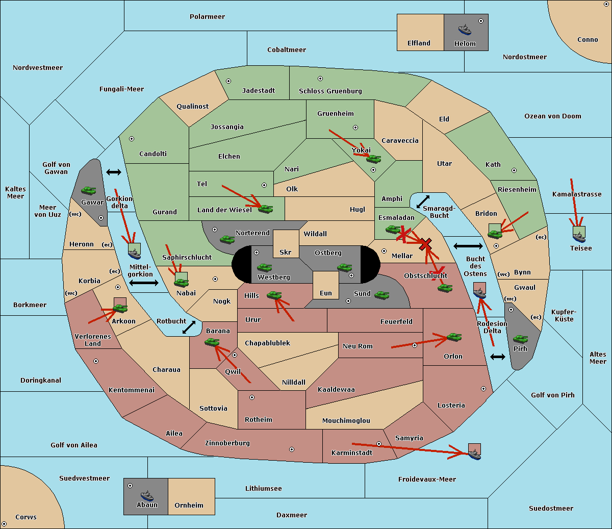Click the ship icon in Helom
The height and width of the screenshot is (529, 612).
tap(465, 30)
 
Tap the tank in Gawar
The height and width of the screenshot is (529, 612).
tap(89, 190)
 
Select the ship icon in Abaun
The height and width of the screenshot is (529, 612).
tap(147, 496)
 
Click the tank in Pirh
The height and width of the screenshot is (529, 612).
tap(520, 339)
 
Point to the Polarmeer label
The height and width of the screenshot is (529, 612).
tap(207, 17)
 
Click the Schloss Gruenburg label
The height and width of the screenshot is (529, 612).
tap(330, 91)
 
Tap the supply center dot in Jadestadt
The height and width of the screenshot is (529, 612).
tap(228, 81)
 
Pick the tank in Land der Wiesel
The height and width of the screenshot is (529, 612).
tap(266, 209)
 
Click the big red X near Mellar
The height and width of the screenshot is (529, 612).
tap(425, 244)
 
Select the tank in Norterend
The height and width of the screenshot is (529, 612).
tap(227, 239)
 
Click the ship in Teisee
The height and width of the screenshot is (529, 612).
tap(579, 237)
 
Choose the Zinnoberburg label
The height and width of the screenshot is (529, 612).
tap(227, 443)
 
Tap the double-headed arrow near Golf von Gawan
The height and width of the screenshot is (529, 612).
tap(114, 172)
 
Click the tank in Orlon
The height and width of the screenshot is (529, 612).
tap(454, 337)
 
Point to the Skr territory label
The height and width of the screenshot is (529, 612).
tap(286, 252)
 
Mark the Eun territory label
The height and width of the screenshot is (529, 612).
tap(326, 293)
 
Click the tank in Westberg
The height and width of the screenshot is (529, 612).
tap(264, 267)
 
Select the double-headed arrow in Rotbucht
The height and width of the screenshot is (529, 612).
tap(189, 328)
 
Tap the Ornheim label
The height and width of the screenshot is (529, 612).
tap(189, 505)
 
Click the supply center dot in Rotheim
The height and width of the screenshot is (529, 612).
tap(252, 397)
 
